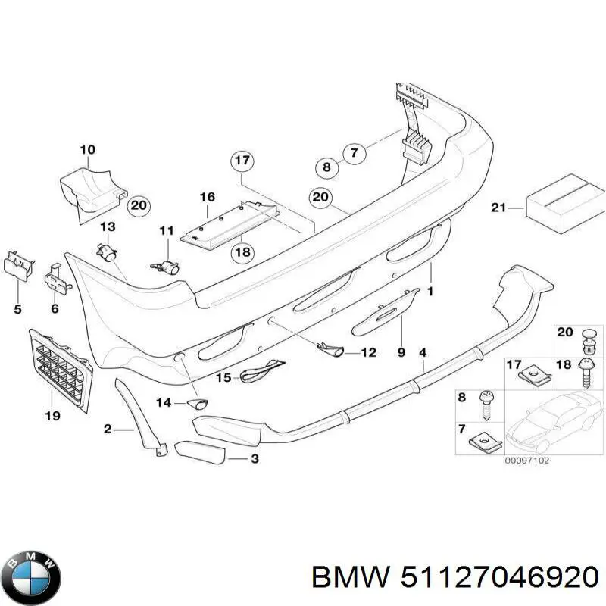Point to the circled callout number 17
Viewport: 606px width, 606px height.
click(242, 161)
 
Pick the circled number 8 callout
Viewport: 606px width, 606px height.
click(326, 167)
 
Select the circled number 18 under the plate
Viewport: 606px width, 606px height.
click(242, 252)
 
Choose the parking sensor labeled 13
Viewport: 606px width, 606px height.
click(108, 251)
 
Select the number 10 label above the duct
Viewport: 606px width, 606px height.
click(88, 149)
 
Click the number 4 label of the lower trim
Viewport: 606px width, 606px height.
click(423, 352)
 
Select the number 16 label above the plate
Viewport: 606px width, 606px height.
click(208, 197)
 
